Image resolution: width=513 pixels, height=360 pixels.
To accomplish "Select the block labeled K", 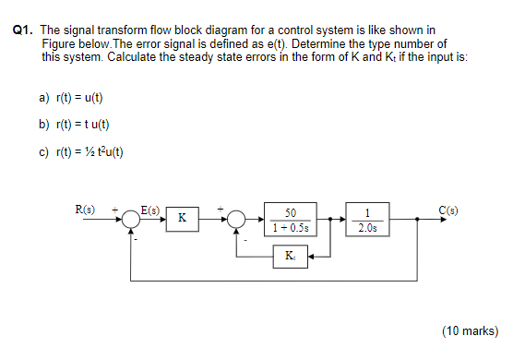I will [181, 219].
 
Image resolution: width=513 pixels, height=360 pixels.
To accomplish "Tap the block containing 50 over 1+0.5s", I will [290, 219].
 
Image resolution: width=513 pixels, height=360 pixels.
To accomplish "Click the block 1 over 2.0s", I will [367, 219].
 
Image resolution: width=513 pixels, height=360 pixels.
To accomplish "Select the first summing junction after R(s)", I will [131, 219].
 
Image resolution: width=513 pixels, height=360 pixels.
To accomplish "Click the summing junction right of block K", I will [237, 219].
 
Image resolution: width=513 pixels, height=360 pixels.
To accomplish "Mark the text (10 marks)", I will [469, 330].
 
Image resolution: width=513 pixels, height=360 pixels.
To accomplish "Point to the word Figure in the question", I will [58, 43].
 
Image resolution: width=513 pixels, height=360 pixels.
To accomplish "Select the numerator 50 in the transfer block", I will [290, 212].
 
